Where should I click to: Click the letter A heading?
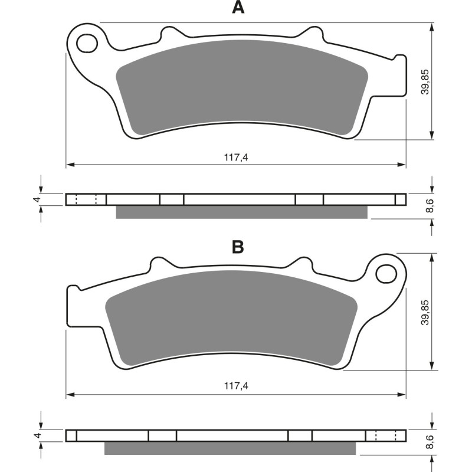click(x=237, y=8)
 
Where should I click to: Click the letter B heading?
click(x=237, y=247)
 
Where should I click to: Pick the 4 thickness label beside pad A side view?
click(x=37, y=199)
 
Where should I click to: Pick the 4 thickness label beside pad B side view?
click(x=37, y=435)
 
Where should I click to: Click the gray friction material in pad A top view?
click(x=242, y=88)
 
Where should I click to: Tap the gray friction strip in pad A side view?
click(x=242, y=212)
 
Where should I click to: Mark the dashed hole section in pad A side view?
click(x=86, y=199)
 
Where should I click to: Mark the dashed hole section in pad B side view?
click(x=385, y=435)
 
